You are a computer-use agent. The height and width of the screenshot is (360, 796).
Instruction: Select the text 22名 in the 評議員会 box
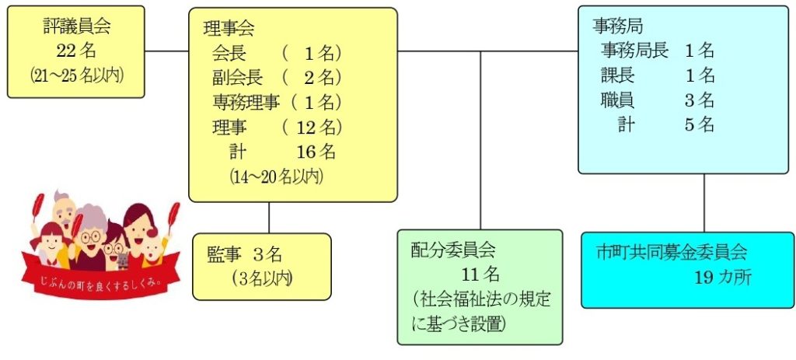[76, 51]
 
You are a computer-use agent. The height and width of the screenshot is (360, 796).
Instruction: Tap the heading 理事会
[229, 30]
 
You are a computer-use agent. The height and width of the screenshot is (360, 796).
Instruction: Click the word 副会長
[237, 78]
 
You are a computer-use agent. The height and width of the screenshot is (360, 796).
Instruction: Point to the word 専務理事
[245, 102]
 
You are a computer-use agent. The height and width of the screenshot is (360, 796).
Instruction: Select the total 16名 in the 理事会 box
[316, 151]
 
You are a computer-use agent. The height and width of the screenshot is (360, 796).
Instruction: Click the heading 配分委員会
[452, 250]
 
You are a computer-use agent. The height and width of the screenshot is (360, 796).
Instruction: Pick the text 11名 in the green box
[479, 274]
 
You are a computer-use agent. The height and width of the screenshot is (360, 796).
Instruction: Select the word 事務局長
[634, 51]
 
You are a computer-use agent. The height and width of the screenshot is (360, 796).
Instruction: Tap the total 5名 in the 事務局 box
[700, 124]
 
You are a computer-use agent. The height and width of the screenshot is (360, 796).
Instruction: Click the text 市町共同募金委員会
[671, 253]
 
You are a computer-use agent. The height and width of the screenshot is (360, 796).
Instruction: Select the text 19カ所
[723, 278]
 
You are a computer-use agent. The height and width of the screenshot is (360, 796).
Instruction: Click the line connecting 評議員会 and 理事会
[166, 52]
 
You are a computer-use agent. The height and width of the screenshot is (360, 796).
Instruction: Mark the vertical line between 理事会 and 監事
[269, 218]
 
